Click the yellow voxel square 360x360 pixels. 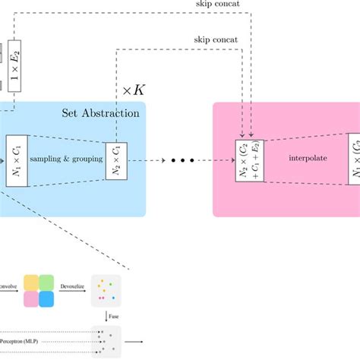pos(33,283)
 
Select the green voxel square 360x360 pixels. pos(47,283)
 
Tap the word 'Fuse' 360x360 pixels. pos(115,315)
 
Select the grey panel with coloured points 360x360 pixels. pos(106,289)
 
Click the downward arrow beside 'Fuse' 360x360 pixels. pos(106,314)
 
